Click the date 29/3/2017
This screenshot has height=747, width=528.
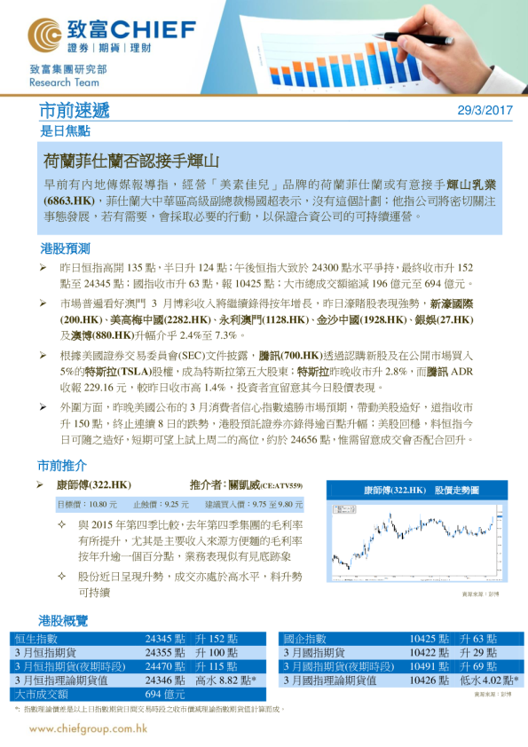click(x=485, y=111)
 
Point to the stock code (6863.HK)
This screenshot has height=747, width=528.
click(x=68, y=201)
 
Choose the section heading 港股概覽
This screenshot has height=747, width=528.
click(x=63, y=617)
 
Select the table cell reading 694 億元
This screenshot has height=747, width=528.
click(x=165, y=694)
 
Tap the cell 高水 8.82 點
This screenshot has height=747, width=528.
click(x=226, y=680)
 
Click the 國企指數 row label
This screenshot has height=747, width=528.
click(x=305, y=639)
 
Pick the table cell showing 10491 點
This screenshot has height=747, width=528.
click(x=429, y=666)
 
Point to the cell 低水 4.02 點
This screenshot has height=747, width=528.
click(x=490, y=680)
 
